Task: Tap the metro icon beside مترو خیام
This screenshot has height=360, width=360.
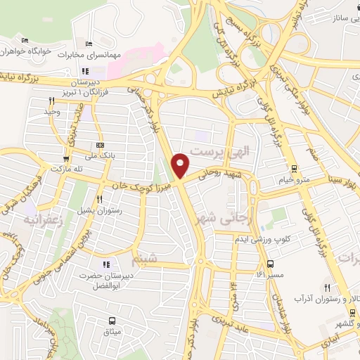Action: [x=293, y=168]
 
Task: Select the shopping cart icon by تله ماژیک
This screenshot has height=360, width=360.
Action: [x=67, y=159]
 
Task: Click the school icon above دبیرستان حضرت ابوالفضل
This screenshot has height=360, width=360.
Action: [x=106, y=264]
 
